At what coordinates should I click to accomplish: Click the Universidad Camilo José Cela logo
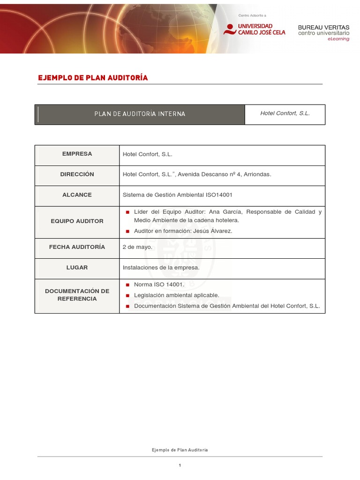255,29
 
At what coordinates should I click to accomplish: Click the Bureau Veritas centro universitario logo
323,32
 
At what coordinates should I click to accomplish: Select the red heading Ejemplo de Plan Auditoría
93,78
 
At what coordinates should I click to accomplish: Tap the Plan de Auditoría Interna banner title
140,114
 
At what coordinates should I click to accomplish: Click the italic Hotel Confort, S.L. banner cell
285,113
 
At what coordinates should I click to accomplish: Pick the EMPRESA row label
77,154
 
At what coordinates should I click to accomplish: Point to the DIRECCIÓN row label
77,174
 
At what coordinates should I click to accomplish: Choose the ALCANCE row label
77,195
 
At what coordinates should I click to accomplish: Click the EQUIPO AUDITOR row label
77,221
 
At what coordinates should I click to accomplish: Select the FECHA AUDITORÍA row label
77,247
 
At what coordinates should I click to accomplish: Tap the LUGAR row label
77,268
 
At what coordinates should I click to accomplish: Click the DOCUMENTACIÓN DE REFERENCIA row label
77,295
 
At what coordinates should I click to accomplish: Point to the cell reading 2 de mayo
137,247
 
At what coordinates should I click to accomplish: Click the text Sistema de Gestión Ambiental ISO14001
178,195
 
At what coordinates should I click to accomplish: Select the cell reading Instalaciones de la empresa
161,268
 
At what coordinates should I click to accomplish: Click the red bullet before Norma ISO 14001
127,285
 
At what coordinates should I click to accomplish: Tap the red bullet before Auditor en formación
127,231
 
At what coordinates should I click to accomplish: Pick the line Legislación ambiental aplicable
176,295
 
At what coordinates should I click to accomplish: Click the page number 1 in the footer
180,465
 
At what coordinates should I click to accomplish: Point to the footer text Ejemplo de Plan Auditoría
180,450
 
